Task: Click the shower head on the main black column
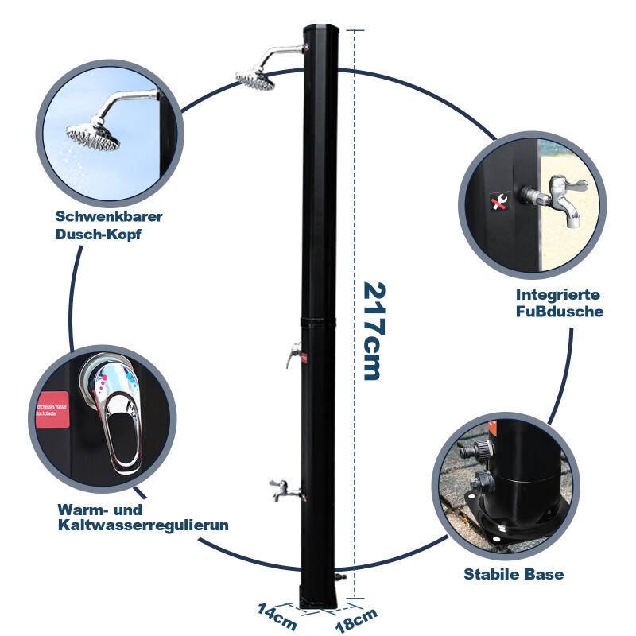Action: click(x=254, y=78)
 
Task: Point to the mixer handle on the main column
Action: click(x=294, y=353)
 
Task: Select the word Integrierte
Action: click(x=557, y=294)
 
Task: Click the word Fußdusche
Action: click(x=559, y=311)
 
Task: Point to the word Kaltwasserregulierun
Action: click(x=143, y=525)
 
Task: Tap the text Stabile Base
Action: click(x=514, y=573)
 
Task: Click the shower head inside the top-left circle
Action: click(x=94, y=136)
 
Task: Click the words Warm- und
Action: click(x=99, y=509)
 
